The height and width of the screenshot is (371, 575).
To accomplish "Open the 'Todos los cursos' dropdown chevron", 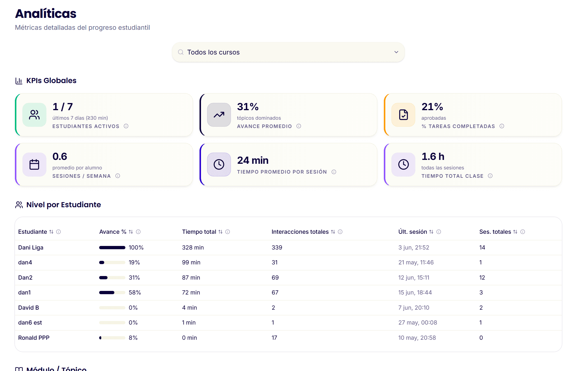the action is (396, 52).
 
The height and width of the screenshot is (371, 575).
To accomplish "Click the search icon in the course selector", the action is (180, 52).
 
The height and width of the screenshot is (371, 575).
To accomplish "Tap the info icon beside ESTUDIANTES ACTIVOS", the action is (126, 126).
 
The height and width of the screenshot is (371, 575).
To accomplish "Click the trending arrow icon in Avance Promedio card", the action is (219, 115).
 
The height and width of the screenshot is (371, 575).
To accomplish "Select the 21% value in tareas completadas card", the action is (432, 107).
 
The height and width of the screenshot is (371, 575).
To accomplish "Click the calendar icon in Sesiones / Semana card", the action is (34, 164).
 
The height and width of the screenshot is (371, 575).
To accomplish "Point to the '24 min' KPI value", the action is (253, 160).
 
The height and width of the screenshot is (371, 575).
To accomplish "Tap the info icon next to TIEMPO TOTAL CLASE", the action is (490, 176).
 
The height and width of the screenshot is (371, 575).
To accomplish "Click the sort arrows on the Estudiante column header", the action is (51, 232).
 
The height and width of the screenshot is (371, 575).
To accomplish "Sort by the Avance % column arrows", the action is (131, 232).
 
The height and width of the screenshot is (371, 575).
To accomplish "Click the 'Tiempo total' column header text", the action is (199, 232).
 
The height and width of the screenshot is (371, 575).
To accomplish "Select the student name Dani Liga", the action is (31, 247).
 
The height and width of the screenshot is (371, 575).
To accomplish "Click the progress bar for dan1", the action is (112, 292).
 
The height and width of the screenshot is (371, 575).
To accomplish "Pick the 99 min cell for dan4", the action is (191, 262).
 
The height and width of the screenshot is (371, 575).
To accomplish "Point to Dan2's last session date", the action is (414, 278).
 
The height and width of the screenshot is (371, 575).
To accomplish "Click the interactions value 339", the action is (277, 247).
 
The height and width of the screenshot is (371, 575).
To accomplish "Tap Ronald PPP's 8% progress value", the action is (133, 338).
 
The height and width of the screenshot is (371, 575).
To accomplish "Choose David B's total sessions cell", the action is (481, 308).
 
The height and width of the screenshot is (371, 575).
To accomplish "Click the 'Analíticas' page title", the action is (46, 13).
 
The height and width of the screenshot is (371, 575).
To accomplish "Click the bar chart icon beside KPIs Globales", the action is (19, 81).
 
